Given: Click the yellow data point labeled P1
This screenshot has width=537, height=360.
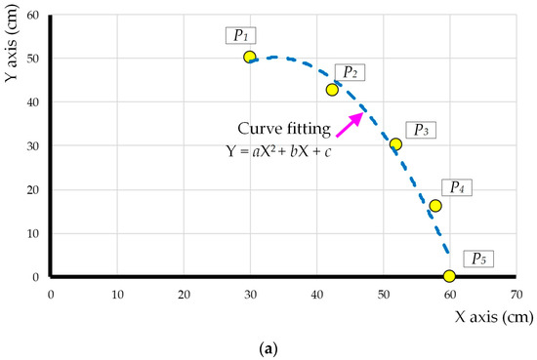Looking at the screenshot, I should point(250,58).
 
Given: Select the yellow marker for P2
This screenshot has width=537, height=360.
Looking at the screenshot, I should point(332,90).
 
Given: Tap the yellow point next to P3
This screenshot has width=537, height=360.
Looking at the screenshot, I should point(395,144).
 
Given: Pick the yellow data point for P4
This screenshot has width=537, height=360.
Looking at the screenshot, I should point(435,206).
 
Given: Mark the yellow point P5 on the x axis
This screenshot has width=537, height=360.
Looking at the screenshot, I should point(449,276).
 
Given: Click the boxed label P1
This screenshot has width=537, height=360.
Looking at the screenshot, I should point(240,35).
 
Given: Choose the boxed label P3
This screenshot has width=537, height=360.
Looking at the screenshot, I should point(420,129).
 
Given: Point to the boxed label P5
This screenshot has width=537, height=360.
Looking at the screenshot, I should point(477,259).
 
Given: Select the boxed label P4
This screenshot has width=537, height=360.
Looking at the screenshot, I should point(456,186).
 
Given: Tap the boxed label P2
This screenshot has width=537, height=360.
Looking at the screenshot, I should point(350,72).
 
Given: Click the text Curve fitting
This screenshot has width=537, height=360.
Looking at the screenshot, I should point(283,129).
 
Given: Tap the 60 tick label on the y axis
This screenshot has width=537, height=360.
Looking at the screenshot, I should point(32,15).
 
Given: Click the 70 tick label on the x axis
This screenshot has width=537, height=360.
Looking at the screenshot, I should point(516,292).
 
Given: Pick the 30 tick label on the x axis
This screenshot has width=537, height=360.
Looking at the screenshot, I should point(250,292).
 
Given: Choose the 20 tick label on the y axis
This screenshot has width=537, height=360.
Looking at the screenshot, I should point(32,189).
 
